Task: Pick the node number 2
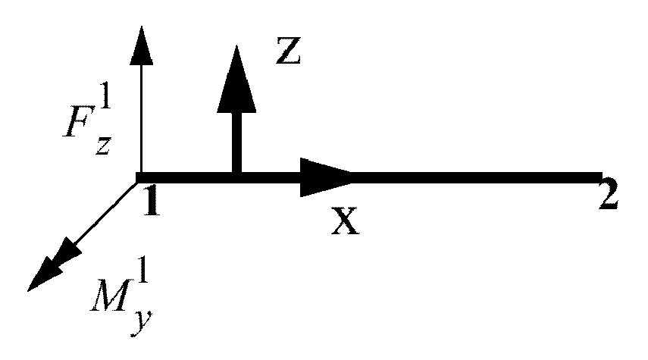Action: [608, 197]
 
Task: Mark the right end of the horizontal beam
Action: [599, 178]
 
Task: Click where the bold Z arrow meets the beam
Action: [236, 176]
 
